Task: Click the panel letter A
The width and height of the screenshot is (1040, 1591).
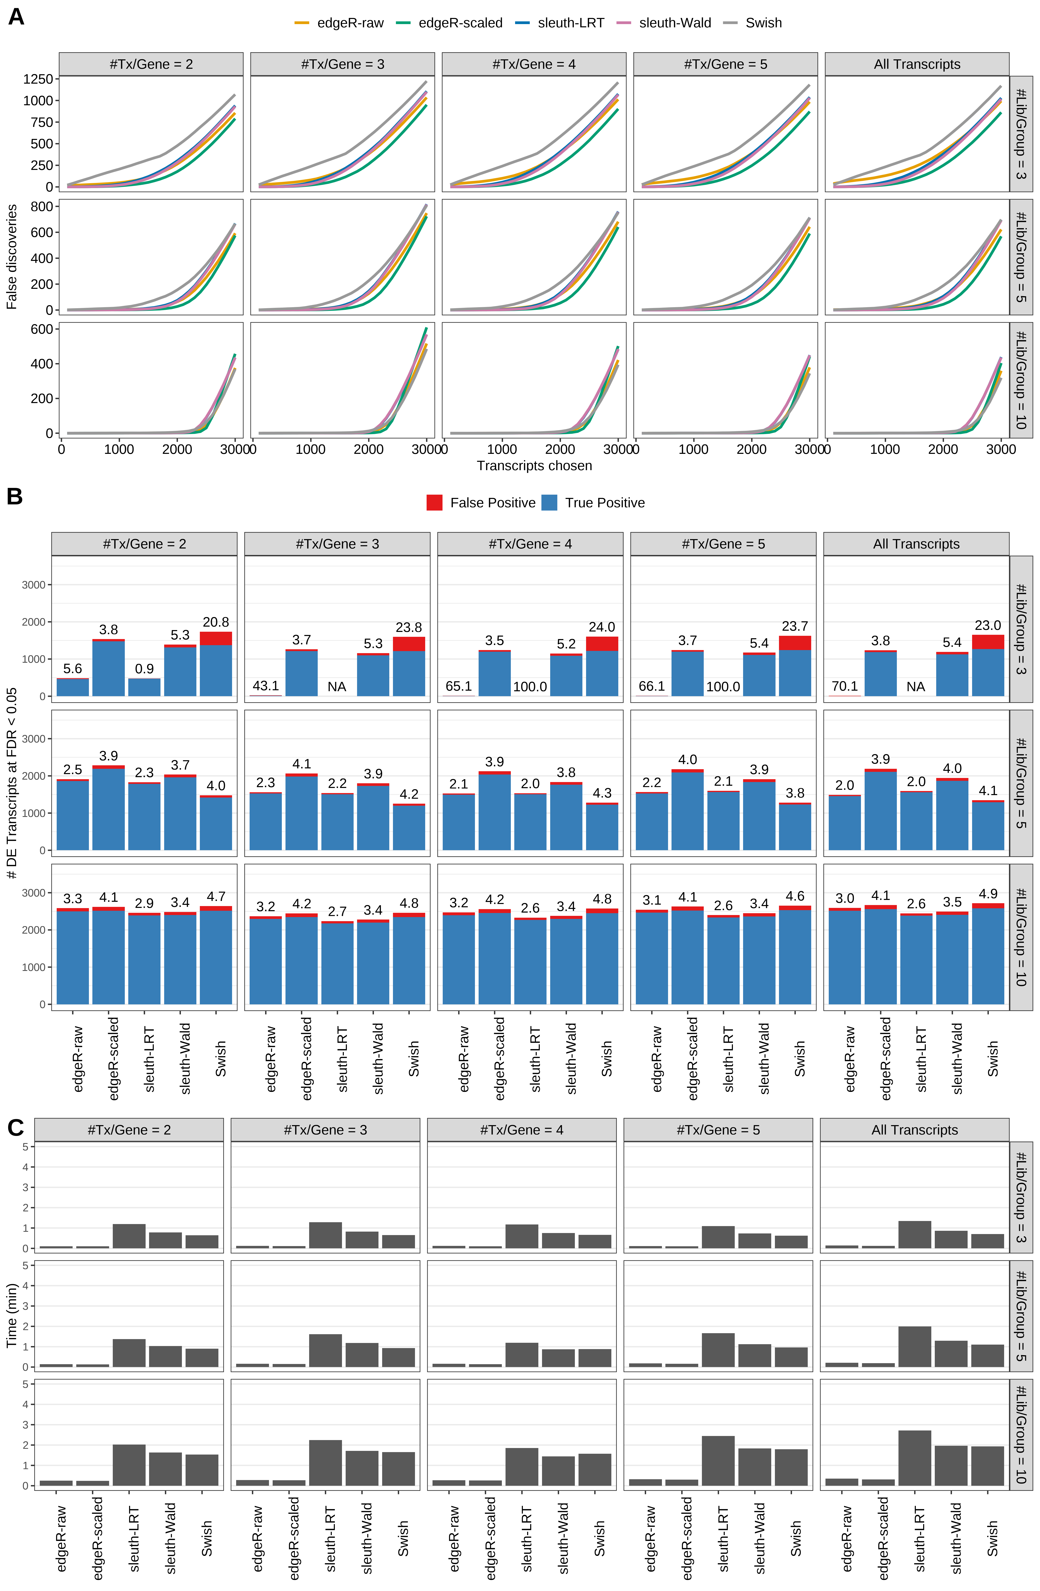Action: pyautogui.click(x=16, y=17)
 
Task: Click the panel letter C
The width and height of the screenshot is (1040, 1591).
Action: pyautogui.click(x=15, y=1128)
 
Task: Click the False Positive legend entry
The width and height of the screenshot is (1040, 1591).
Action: pyautogui.click(x=481, y=503)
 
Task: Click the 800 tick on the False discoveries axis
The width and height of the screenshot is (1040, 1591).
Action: pyautogui.click(x=41, y=207)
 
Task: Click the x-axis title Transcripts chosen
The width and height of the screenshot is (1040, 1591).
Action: pyautogui.click(x=534, y=466)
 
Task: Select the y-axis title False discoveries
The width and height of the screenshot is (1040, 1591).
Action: pyautogui.click(x=11, y=257)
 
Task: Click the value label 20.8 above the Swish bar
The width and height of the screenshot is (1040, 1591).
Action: pyautogui.click(x=216, y=622)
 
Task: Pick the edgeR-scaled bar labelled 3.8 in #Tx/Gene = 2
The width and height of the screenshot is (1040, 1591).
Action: pyautogui.click(x=108, y=668)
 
